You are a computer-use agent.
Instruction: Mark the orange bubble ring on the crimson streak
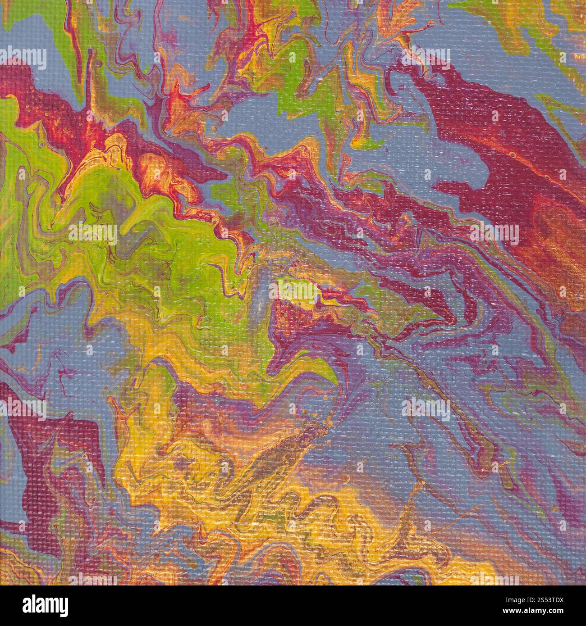point(513,154)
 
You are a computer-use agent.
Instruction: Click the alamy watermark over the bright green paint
point(92,234)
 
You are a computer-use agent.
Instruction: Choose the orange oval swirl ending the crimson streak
point(554,225)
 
